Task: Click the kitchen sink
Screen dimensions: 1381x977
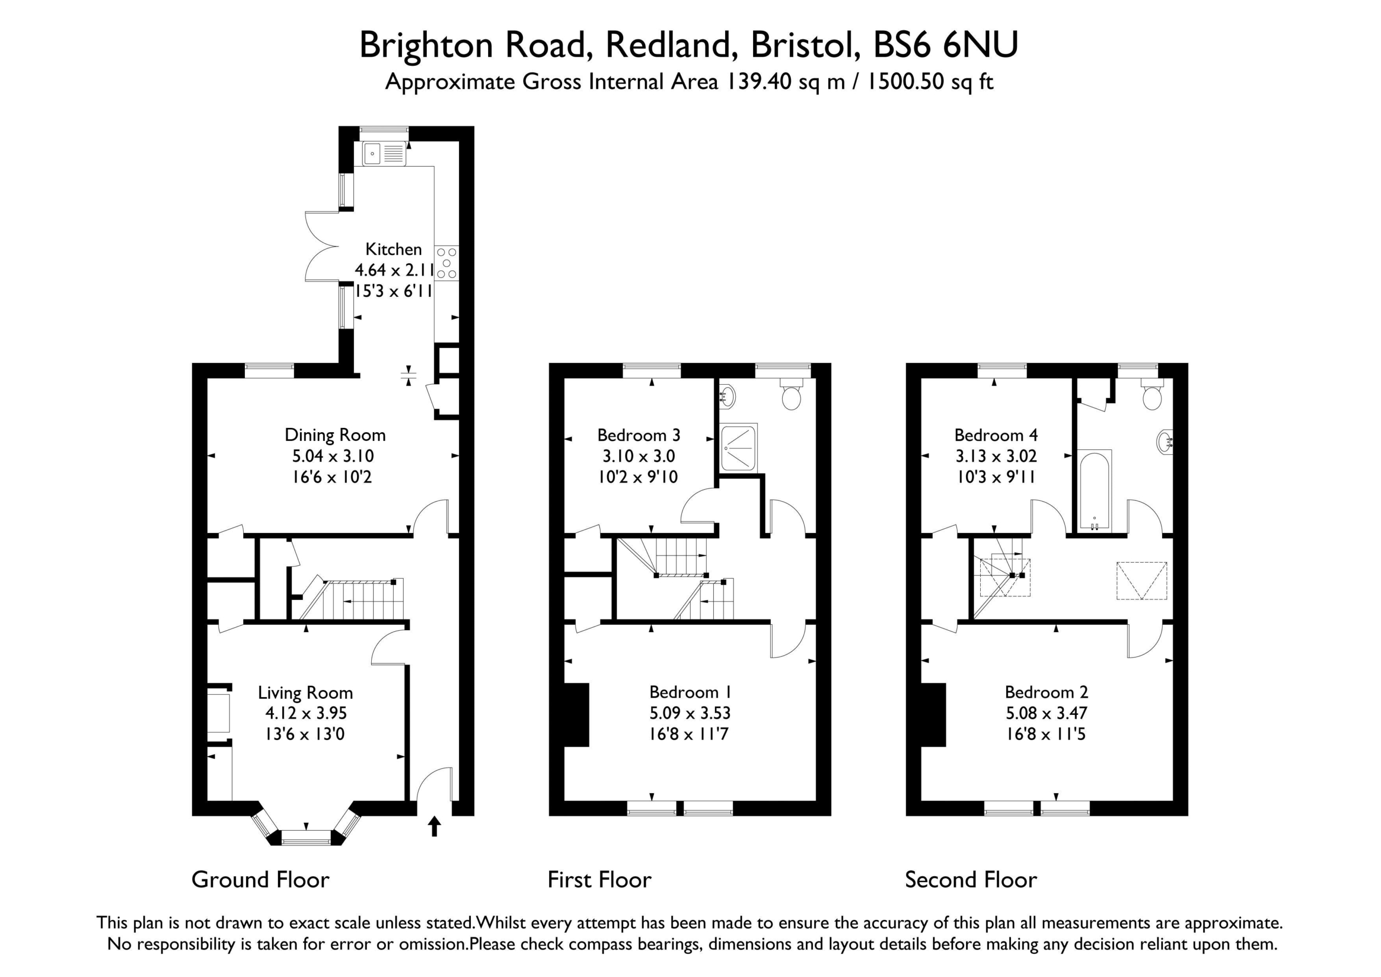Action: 384,153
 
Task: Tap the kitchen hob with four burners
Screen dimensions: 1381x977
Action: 446,263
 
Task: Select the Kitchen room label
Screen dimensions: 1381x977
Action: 393,249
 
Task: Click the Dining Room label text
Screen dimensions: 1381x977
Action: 335,435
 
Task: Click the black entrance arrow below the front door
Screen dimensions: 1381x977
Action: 434,826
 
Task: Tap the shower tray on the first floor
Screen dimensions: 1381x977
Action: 739,448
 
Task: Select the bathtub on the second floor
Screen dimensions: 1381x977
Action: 1095,490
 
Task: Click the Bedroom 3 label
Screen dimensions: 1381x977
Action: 639,435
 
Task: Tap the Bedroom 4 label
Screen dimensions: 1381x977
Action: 996,435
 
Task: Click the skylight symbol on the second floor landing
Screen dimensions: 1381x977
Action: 1141,580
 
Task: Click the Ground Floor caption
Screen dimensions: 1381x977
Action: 261,879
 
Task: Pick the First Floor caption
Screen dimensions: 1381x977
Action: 600,879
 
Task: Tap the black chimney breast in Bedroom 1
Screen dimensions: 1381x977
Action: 576,715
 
